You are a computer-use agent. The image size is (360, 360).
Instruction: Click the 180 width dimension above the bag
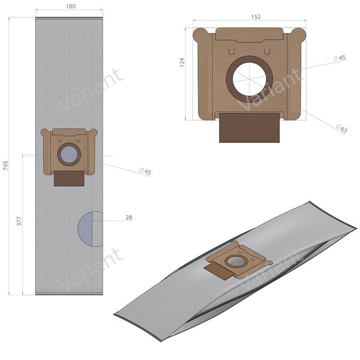[x=70, y=7]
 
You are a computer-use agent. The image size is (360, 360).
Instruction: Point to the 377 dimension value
[x=19, y=221]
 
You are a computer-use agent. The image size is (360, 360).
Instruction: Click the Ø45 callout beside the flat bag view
[x=145, y=172]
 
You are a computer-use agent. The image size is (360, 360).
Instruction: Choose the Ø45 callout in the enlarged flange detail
[x=340, y=58]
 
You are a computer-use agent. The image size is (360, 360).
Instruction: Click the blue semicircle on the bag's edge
[x=89, y=229]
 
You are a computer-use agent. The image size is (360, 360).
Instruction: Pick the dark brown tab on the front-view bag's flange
[x=69, y=178]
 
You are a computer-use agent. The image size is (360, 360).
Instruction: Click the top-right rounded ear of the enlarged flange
[x=298, y=33]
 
